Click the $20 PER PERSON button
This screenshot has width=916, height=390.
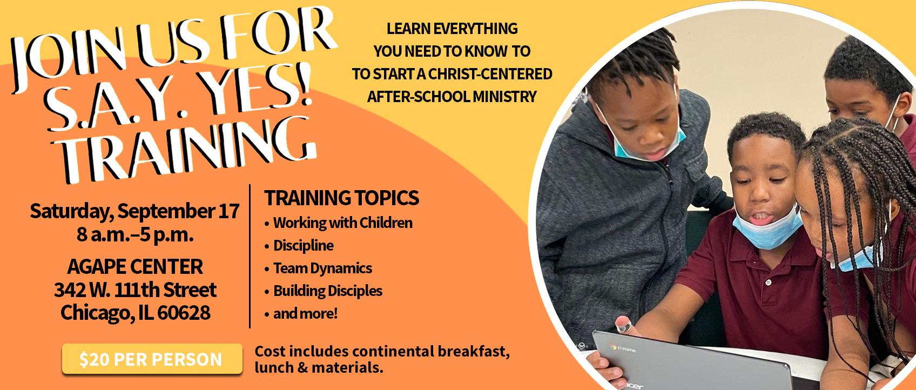pos(152,359)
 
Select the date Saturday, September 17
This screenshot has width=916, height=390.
pos(134,211)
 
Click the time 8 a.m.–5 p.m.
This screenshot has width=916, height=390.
pos(135,234)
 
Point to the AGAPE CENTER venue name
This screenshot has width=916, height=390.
pos(135,266)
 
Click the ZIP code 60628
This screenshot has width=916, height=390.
pos(184,313)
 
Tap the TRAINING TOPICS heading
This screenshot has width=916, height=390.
pos(341,198)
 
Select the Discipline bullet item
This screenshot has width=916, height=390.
pos(303,246)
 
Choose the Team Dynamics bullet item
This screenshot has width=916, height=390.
pos(322,268)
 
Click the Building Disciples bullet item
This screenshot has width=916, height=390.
pos(327,291)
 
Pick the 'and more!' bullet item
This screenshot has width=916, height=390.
pos(306,314)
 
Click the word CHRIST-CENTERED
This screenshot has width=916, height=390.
pos(490,74)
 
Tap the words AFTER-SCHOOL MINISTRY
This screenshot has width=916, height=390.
pos(452,97)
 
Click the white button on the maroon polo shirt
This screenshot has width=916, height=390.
pos(768,283)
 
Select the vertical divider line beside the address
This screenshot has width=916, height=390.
pos(250,257)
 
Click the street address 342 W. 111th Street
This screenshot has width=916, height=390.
pos(135,290)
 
